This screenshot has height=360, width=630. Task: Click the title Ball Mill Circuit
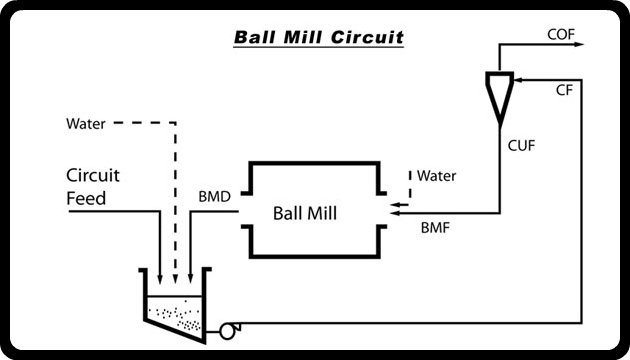click(318, 39)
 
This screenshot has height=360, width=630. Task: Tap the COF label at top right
click(561, 35)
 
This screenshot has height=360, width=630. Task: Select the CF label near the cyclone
click(564, 90)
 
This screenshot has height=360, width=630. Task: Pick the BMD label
click(215, 197)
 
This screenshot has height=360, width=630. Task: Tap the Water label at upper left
click(86, 125)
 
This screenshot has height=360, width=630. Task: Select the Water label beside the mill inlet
click(436, 176)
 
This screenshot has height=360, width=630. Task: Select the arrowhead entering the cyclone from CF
click(513, 78)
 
